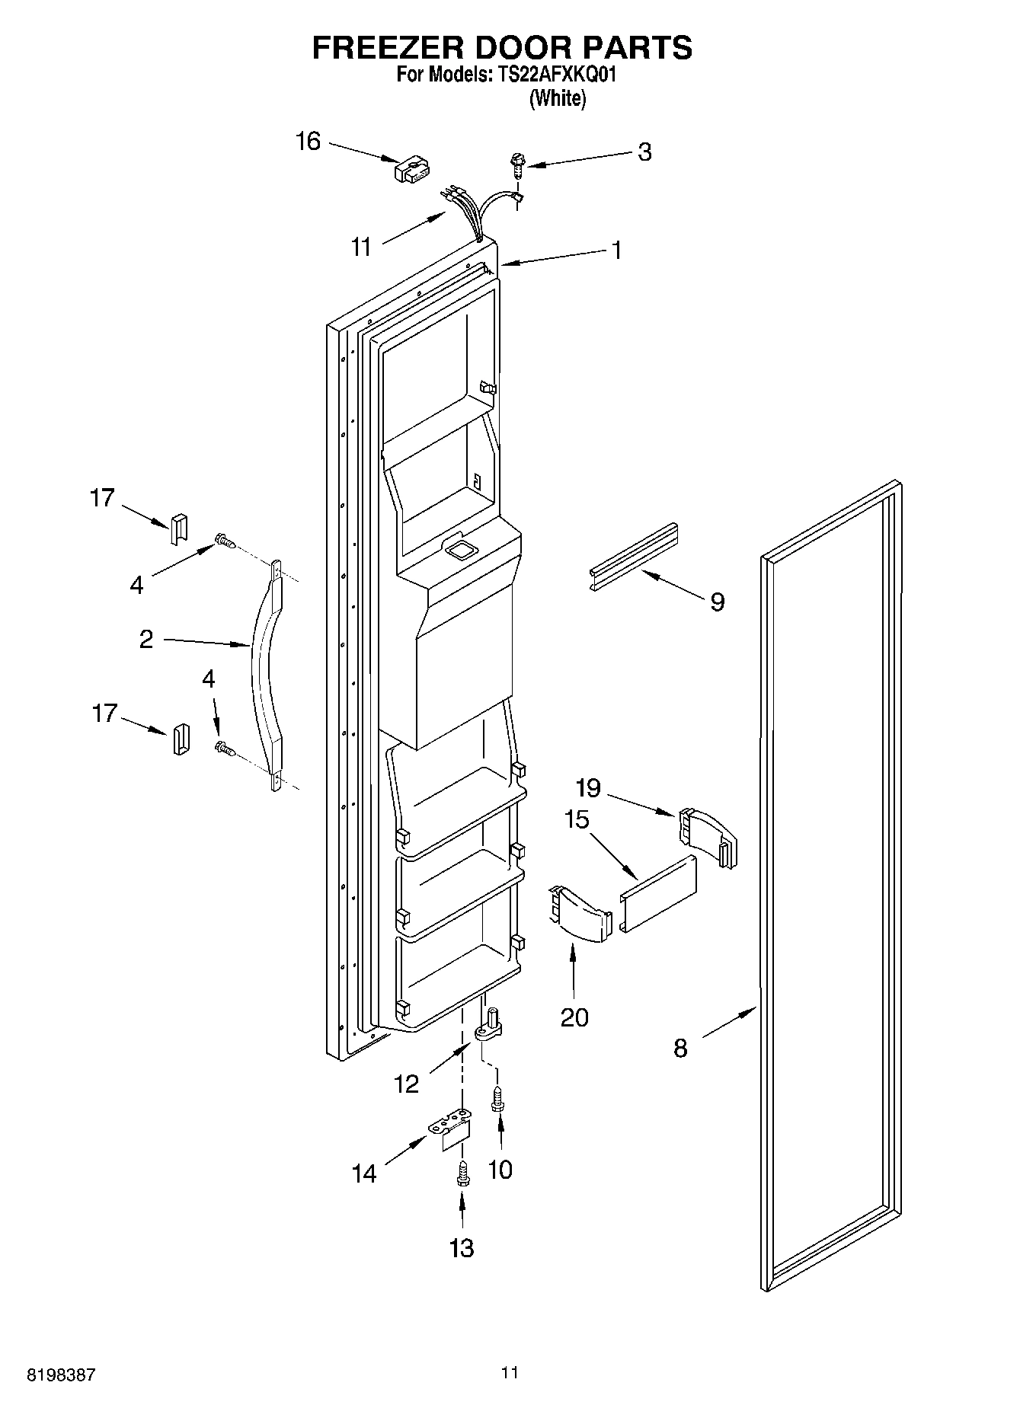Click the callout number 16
click(308, 142)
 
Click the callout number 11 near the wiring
click(361, 247)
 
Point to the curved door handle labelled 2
click(264, 670)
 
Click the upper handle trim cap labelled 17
click(178, 528)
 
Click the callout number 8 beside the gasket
click(680, 1049)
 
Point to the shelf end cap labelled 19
click(708, 837)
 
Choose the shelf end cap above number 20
click(580, 913)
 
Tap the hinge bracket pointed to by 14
click(450, 1130)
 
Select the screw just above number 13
click(462, 1173)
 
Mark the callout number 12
click(407, 1084)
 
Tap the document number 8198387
click(61, 1375)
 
